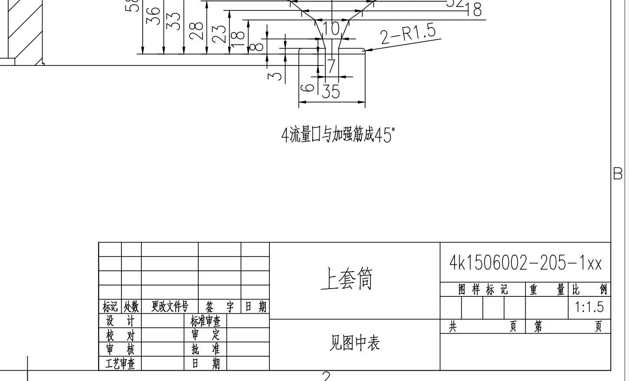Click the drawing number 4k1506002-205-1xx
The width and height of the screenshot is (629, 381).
click(x=525, y=263)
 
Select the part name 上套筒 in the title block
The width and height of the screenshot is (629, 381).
click(x=347, y=279)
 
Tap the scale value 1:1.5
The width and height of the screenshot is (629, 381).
click(x=589, y=307)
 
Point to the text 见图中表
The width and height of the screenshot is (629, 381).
click(x=354, y=343)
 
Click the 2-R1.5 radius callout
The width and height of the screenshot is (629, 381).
click(x=408, y=34)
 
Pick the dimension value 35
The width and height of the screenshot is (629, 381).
click(x=331, y=92)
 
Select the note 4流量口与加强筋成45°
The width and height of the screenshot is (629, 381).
click(x=338, y=135)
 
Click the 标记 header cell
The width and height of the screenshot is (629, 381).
click(x=110, y=307)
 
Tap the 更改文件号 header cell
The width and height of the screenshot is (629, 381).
click(x=170, y=307)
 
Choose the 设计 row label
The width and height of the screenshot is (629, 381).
click(x=120, y=321)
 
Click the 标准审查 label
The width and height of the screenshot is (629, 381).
click(x=205, y=321)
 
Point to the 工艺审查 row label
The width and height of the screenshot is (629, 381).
click(x=120, y=363)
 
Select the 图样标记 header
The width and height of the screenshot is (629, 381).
click(x=483, y=289)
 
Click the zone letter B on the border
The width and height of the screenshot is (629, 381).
click(x=618, y=174)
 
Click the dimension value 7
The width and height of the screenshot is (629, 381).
click(x=331, y=66)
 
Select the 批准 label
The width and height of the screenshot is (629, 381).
click(x=205, y=349)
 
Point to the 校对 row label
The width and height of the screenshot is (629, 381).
click(x=120, y=335)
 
